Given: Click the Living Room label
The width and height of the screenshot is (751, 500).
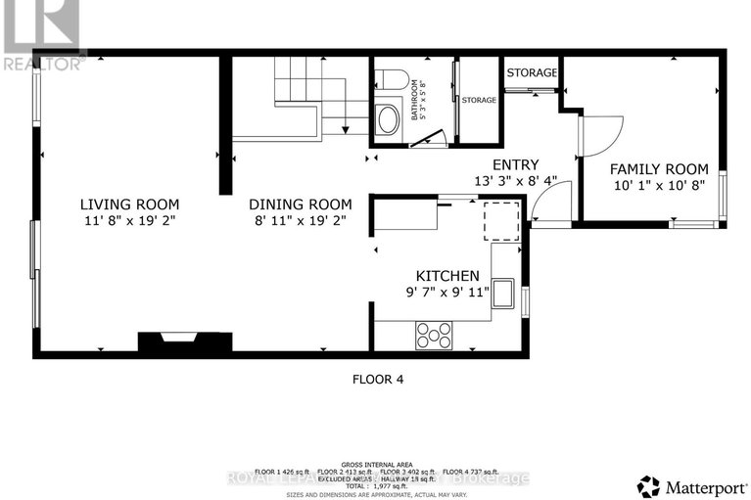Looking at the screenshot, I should [129, 204].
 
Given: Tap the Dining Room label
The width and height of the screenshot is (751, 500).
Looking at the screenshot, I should [300, 204].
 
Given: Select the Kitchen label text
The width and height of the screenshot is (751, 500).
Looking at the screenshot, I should [447, 276].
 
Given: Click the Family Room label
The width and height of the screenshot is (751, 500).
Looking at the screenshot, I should [645, 168].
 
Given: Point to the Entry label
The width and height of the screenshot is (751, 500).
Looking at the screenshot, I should [515, 164].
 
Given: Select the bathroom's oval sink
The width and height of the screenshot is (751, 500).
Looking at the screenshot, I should [388, 120].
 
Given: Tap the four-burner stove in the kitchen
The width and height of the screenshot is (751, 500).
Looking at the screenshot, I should [434, 335].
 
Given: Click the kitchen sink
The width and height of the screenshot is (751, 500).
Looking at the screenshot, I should [504, 292].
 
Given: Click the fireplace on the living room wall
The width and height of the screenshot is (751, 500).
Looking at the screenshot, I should [184, 341].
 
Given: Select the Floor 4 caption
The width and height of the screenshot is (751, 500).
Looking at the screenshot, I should [377, 379].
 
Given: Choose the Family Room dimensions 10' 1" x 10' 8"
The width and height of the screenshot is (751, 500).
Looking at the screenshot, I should [645, 185].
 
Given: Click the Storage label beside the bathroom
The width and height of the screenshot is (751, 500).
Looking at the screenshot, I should [479, 100].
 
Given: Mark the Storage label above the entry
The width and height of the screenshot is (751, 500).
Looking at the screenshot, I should [532, 72].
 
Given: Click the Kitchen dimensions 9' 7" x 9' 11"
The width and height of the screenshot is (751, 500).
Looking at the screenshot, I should [447, 293].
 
